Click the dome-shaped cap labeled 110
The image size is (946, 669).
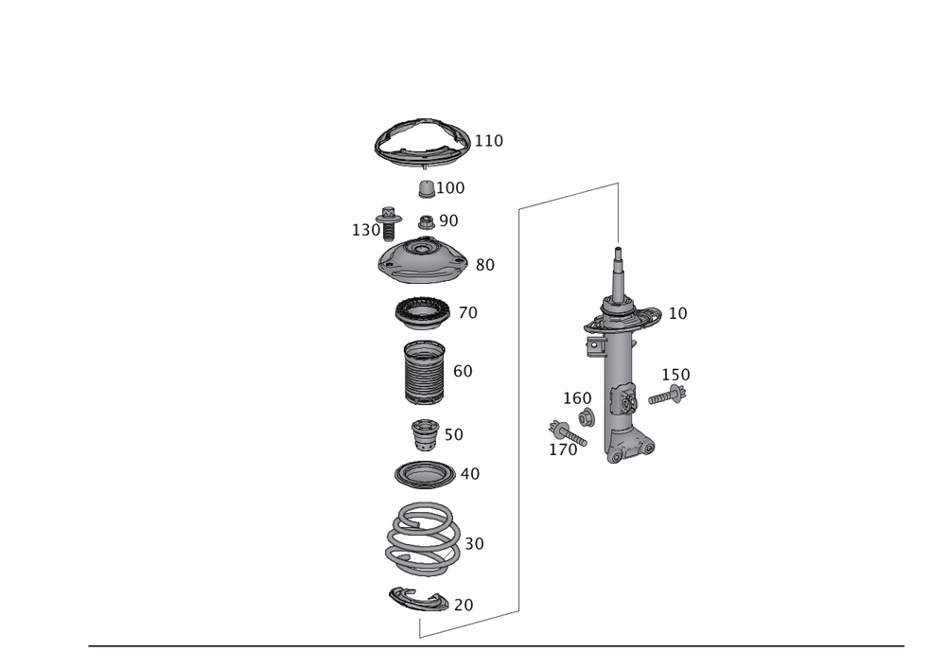point(422,141)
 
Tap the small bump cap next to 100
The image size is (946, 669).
point(427,189)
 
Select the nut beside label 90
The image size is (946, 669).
point(427,224)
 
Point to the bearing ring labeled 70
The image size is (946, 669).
point(421,311)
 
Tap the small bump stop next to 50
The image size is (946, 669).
point(424,435)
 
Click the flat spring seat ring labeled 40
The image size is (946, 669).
point(422,472)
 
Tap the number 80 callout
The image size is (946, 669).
point(484,266)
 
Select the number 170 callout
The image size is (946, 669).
point(563,451)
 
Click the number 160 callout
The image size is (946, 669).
point(577,397)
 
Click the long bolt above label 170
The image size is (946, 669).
point(566,432)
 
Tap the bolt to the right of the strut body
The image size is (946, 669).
point(668,396)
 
